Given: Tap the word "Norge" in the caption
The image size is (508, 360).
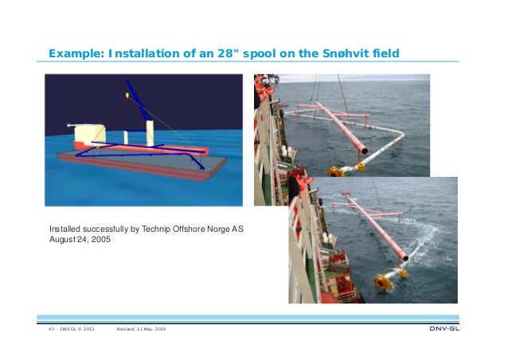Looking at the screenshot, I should pos(216,229).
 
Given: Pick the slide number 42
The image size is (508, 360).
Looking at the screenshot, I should pos(51,330).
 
